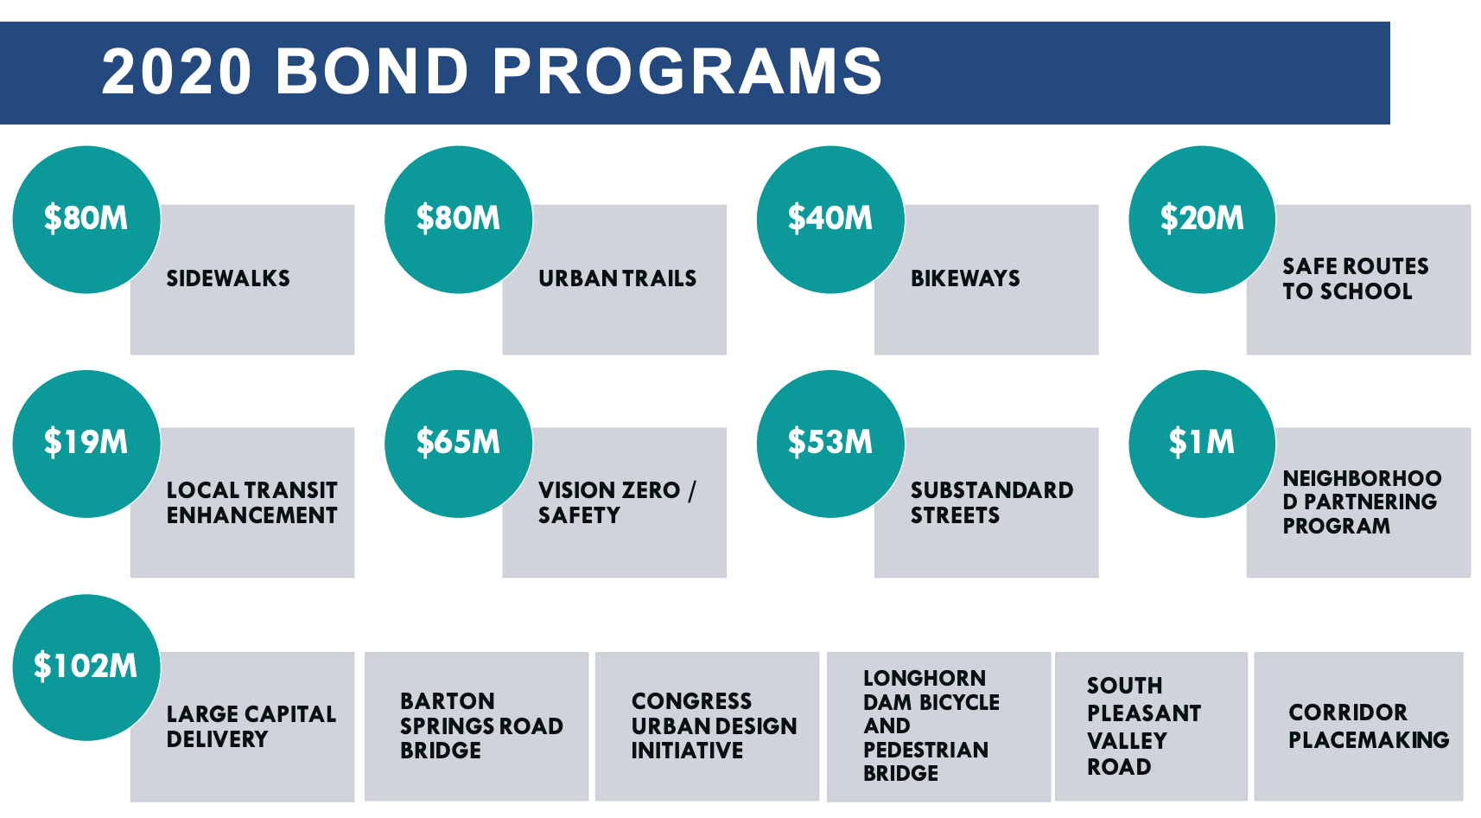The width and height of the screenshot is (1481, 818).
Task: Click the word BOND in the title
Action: click(x=372, y=71)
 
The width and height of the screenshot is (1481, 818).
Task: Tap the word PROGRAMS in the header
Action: click(x=688, y=71)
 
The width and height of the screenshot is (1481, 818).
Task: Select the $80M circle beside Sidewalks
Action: click(x=86, y=220)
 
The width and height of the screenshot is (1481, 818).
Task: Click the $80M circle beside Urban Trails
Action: click(x=458, y=220)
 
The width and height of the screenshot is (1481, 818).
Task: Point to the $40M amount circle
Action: click(x=830, y=220)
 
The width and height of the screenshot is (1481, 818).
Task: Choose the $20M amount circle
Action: click(x=1202, y=220)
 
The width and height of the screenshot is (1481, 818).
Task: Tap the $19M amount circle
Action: click(x=86, y=444)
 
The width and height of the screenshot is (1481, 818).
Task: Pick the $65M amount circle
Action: click(x=458, y=444)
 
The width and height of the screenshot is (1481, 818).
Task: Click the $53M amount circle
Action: click(x=830, y=444)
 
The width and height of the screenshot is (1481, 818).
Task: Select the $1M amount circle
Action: click(x=1202, y=444)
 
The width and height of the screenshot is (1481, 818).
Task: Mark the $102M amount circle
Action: click(x=86, y=667)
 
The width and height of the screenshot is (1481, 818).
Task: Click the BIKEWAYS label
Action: click(x=965, y=278)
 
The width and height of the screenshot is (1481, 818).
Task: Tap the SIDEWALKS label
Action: click(x=228, y=278)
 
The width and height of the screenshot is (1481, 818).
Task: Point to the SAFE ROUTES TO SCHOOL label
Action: click(x=1355, y=278)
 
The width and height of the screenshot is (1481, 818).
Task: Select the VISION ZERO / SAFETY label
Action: click(x=616, y=502)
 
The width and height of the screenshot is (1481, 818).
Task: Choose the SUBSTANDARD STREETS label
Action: click(x=991, y=502)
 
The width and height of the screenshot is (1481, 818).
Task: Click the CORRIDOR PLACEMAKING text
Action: click(x=1369, y=726)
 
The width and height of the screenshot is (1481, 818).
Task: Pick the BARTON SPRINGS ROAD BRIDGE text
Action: click(x=481, y=726)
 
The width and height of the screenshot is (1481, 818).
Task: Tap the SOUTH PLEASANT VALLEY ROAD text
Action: click(x=1143, y=726)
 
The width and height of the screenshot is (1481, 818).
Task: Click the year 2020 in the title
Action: click(x=177, y=71)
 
